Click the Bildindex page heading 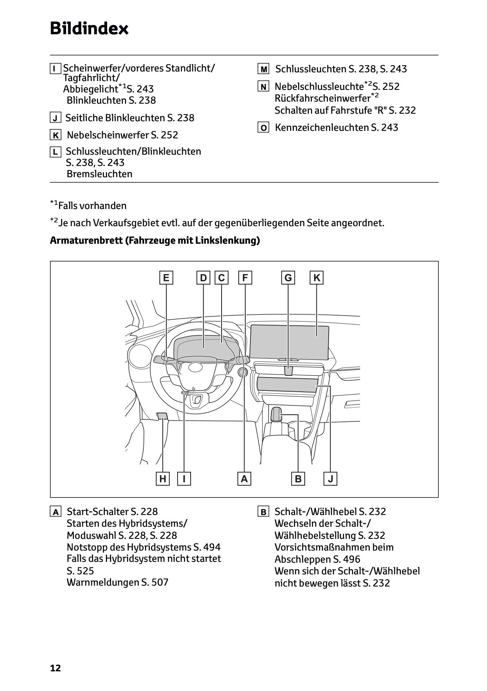(x=89, y=28)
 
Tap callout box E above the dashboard (x=166, y=278)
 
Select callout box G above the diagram (x=288, y=278)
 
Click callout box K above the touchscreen (x=317, y=278)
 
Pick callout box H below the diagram (x=163, y=479)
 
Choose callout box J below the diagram (x=330, y=479)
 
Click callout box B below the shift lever (x=298, y=479)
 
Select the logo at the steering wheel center (x=195, y=367)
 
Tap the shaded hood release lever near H (x=163, y=416)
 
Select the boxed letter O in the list (x=263, y=128)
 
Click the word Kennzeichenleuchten (x=322, y=127)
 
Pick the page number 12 (x=55, y=668)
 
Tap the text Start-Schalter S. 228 (x=112, y=512)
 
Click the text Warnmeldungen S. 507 (x=117, y=582)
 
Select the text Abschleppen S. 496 (x=317, y=559)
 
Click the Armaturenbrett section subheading (x=155, y=241)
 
